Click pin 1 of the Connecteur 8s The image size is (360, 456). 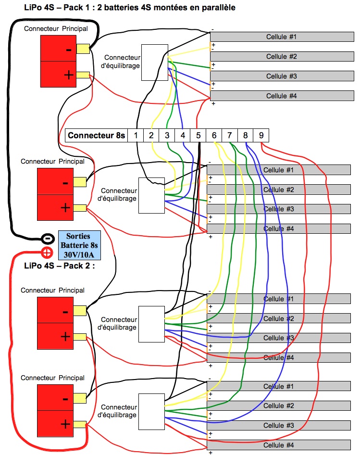point(136,135)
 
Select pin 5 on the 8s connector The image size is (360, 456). point(198,135)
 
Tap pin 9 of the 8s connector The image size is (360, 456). point(261,135)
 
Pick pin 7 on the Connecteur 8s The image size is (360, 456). point(230,135)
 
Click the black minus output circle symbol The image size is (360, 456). point(48,239)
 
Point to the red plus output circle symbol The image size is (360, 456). point(47,253)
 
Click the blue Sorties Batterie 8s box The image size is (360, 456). point(79,245)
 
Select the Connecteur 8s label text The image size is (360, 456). point(96,135)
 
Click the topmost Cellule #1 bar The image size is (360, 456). point(282,37)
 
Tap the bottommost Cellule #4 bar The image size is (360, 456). point(279,445)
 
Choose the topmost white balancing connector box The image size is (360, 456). point(155,63)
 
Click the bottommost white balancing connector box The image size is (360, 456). point(152,411)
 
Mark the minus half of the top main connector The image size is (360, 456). point(58,48)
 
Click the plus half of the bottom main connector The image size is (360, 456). point(55,423)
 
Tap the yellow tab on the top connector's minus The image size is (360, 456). point(83,49)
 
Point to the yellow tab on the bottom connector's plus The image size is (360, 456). point(80,424)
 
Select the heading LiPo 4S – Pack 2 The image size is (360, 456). point(59,266)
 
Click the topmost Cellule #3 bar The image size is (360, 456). point(282,76)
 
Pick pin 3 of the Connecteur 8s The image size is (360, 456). point(167,135)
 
